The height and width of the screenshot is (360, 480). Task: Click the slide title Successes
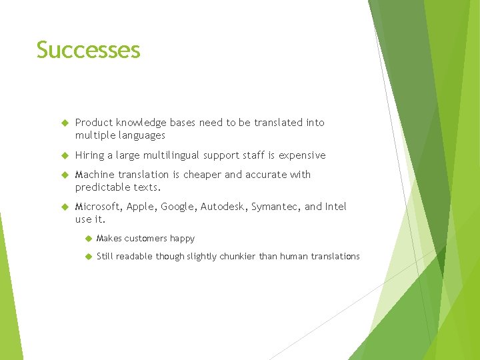click(88, 51)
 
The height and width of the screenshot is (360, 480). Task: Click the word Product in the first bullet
click(94, 123)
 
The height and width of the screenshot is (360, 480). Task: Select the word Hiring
click(89, 155)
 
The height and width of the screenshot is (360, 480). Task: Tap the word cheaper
click(203, 175)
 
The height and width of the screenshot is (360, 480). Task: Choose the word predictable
click(103, 187)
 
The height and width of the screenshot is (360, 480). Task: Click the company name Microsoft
click(98, 207)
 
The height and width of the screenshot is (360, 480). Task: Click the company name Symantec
click(275, 207)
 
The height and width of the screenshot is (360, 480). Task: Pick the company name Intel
click(336, 207)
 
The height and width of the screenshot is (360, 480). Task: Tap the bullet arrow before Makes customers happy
click(87, 238)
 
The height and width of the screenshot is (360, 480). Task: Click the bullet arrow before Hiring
click(65, 155)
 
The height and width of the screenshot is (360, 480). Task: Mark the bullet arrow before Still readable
click(87, 256)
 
